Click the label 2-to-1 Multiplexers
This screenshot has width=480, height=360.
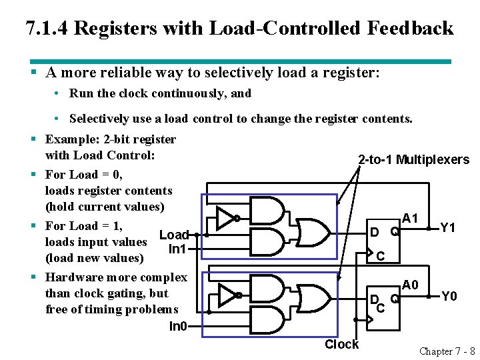(x=413, y=159)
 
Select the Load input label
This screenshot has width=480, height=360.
(x=174, y=235)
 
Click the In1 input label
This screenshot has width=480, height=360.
(x=177, y=249)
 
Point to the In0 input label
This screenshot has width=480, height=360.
(x=177, y=326)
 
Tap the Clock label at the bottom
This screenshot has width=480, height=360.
(x=341, y=344)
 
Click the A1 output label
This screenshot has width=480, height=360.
(x=410, y=219)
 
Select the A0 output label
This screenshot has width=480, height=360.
(x=410, y=285)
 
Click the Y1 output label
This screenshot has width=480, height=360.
(x=447, y=228)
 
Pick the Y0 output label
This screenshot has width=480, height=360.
(x=448, y=295)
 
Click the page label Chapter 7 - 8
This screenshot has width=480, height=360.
(x=447, y=351)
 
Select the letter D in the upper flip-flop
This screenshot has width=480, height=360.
(x=375, y=232)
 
